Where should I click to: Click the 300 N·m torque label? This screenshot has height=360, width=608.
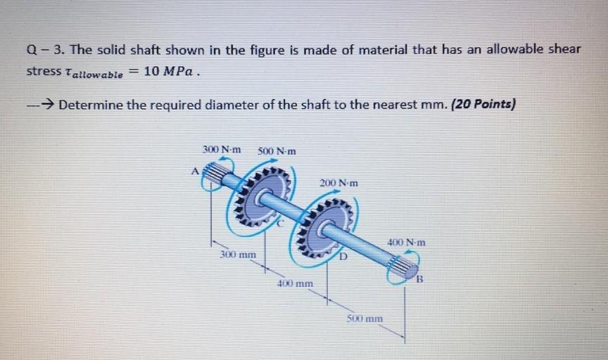coord(221,149)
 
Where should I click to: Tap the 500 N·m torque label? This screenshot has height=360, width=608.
coord(277,150)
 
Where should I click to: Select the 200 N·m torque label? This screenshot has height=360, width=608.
coord(338,183)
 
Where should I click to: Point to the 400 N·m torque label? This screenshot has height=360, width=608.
coord(406,243)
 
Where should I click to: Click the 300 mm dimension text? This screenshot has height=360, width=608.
coord(237,253)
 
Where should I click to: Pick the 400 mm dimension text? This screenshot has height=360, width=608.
coord(295,284)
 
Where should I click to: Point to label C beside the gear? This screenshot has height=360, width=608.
coord(279,224)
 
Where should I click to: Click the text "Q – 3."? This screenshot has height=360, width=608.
coord(44,49)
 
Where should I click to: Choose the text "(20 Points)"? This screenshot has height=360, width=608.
coord(483,105)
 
